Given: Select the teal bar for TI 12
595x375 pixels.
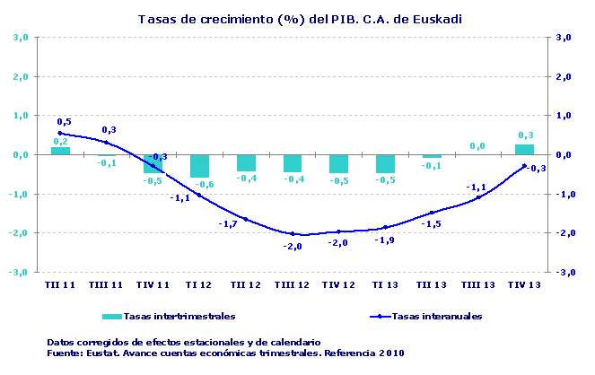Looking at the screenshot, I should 199,165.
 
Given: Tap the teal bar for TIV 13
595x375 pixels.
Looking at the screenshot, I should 524,149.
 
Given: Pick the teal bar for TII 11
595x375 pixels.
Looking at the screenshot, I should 60,151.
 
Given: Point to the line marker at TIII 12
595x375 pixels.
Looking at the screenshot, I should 293,233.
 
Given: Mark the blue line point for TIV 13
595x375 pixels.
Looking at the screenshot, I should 524,166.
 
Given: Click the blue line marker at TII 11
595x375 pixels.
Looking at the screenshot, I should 60,134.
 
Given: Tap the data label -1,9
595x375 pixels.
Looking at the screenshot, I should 384,240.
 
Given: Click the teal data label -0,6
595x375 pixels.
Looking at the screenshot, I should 204,184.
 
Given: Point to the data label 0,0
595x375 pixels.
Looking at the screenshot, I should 477,145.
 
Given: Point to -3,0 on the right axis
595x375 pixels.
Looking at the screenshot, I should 564,272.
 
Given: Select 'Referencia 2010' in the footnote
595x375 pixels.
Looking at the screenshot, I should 363,353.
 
